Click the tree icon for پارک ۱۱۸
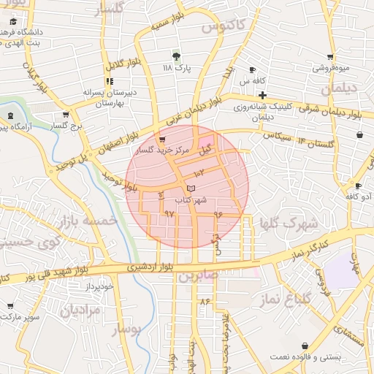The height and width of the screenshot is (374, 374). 175,56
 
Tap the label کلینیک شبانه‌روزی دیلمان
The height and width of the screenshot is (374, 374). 267,111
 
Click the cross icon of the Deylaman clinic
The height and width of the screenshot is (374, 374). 262,96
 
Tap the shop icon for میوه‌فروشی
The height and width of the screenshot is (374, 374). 330,57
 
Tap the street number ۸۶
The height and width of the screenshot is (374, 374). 203,300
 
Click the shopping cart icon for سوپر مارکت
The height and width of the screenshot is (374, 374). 10,307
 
